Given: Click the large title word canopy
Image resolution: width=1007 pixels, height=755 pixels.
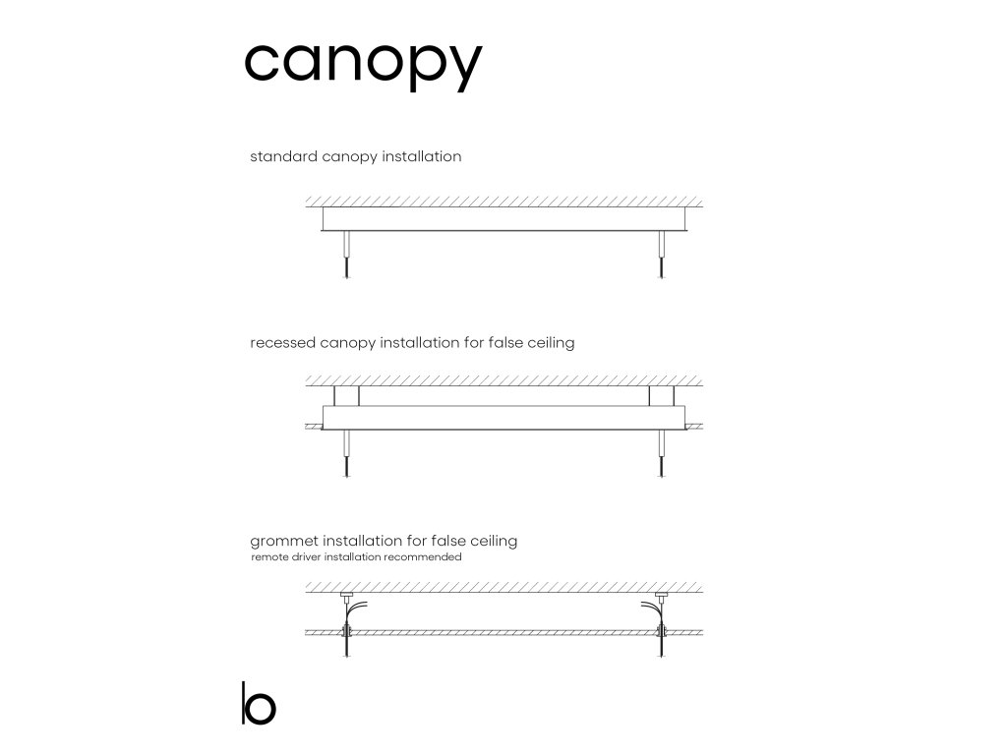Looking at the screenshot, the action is click(363, 65).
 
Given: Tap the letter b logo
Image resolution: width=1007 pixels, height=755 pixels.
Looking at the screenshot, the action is click(258, 703).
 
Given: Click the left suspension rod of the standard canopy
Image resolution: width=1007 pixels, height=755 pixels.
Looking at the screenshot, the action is click(345, 253).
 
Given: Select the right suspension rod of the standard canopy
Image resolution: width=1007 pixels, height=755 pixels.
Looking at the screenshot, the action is click(662, 253).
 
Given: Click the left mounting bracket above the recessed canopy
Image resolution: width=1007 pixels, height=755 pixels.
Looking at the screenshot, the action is click(346, 395).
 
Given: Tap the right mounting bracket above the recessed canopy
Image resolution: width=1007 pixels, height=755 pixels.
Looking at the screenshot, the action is click(661, 395).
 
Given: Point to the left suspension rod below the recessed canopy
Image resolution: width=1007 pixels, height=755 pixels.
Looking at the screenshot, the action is click(345, 451).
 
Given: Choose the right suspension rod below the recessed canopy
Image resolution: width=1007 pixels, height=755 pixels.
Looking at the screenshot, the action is click(662, 451).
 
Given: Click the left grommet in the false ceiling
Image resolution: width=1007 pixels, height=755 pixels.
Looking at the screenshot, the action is click(345, 632).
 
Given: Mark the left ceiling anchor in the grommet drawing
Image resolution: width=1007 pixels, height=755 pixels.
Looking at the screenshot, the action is click(345, 596).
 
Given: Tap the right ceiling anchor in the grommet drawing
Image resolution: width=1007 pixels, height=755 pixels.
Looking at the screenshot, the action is click(661, 596).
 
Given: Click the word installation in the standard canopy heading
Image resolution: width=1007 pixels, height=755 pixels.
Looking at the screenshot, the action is click(422, 156).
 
